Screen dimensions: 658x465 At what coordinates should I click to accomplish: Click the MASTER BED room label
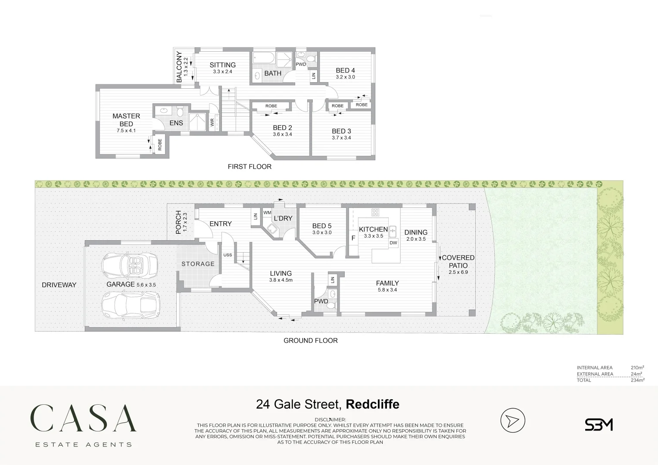126,120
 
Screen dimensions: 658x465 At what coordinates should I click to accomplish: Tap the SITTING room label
223,65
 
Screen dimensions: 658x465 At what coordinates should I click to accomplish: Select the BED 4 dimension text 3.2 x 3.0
346,77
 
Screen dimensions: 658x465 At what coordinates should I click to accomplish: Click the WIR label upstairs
212,122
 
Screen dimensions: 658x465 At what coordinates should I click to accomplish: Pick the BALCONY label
179,67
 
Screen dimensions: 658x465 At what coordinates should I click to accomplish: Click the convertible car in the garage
130,265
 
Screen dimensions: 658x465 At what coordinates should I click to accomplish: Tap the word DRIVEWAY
59,285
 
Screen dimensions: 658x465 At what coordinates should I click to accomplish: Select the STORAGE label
198,264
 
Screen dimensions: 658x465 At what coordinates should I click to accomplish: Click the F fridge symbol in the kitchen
353,238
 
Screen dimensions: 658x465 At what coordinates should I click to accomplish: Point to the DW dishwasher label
393,243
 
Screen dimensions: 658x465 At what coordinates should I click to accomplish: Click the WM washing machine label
267,213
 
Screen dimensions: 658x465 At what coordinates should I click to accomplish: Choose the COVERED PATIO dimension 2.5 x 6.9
458,272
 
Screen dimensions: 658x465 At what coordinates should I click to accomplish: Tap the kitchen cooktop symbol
375,212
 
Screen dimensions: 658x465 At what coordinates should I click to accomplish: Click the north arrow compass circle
513,420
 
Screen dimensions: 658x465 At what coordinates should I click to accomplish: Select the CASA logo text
84,418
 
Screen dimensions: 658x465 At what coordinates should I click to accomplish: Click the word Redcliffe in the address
372,404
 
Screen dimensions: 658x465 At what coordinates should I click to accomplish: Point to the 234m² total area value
638,380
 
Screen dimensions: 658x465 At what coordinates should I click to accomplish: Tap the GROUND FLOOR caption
311,341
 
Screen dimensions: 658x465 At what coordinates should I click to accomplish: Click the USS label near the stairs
228,255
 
